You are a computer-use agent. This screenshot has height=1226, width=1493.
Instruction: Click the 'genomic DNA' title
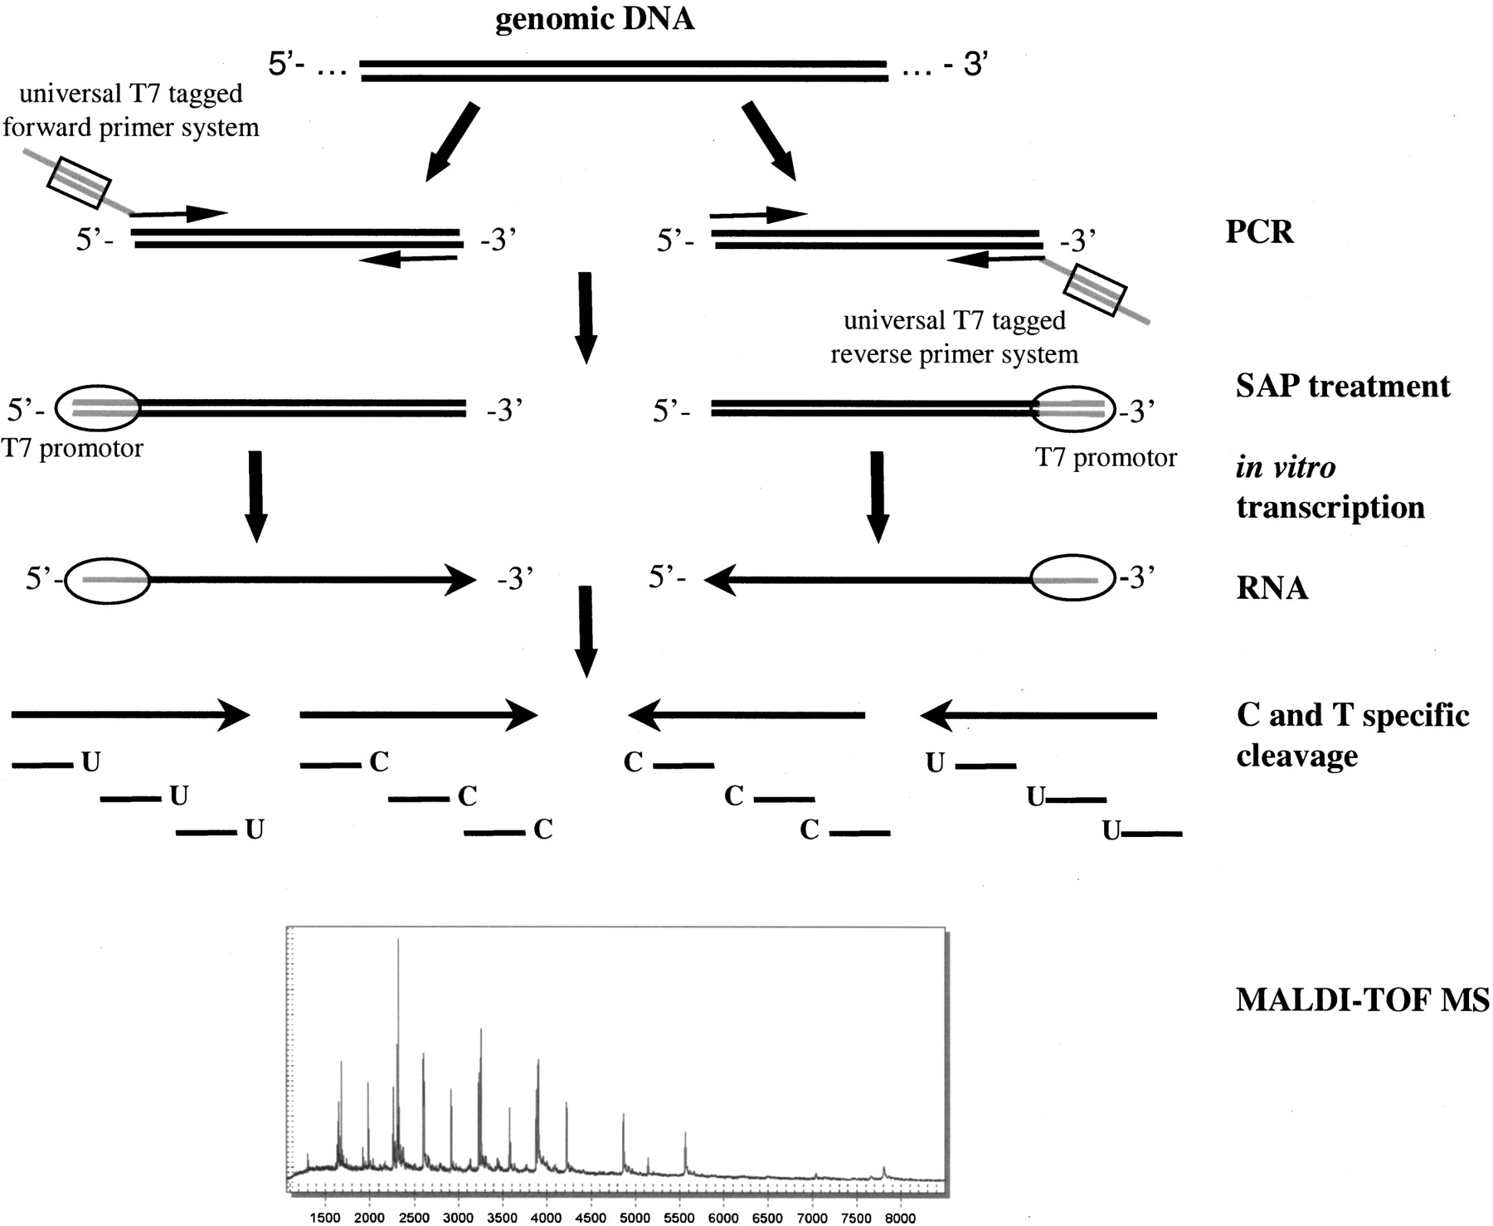(x=594, y=19)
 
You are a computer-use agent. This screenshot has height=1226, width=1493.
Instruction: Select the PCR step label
(x=1259, y=231)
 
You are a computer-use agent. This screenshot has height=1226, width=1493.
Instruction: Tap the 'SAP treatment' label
(x=1343, y=387)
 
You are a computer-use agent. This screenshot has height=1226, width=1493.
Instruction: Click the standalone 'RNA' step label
(x=1272, y=588)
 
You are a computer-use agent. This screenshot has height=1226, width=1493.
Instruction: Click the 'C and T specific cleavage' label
(x=1352, y=735)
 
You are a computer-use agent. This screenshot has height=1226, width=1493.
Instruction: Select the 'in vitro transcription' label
(x=1330, y=487)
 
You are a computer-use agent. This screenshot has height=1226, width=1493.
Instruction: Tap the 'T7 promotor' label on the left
(x=72, y=449)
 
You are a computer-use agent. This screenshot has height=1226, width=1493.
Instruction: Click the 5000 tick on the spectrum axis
(x=635, y=1218)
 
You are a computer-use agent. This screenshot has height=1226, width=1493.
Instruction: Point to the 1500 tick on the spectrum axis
(x=325, y=1218)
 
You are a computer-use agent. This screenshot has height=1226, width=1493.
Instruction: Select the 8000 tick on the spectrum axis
(x=901, y=1218)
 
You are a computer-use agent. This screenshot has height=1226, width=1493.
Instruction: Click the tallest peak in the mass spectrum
(x=398, y=941)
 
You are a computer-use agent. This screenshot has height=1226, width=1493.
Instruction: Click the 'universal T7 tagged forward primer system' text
(x=131, y=110)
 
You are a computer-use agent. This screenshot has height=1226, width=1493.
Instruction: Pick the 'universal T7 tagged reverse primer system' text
(x=955, y=338)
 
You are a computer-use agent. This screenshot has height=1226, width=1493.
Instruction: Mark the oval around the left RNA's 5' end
(x=108, y=579)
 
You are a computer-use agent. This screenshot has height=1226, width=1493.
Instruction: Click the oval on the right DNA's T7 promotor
(x=1072, y=408)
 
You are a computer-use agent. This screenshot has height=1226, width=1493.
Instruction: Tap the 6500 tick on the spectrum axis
(x=768, y=1218)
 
